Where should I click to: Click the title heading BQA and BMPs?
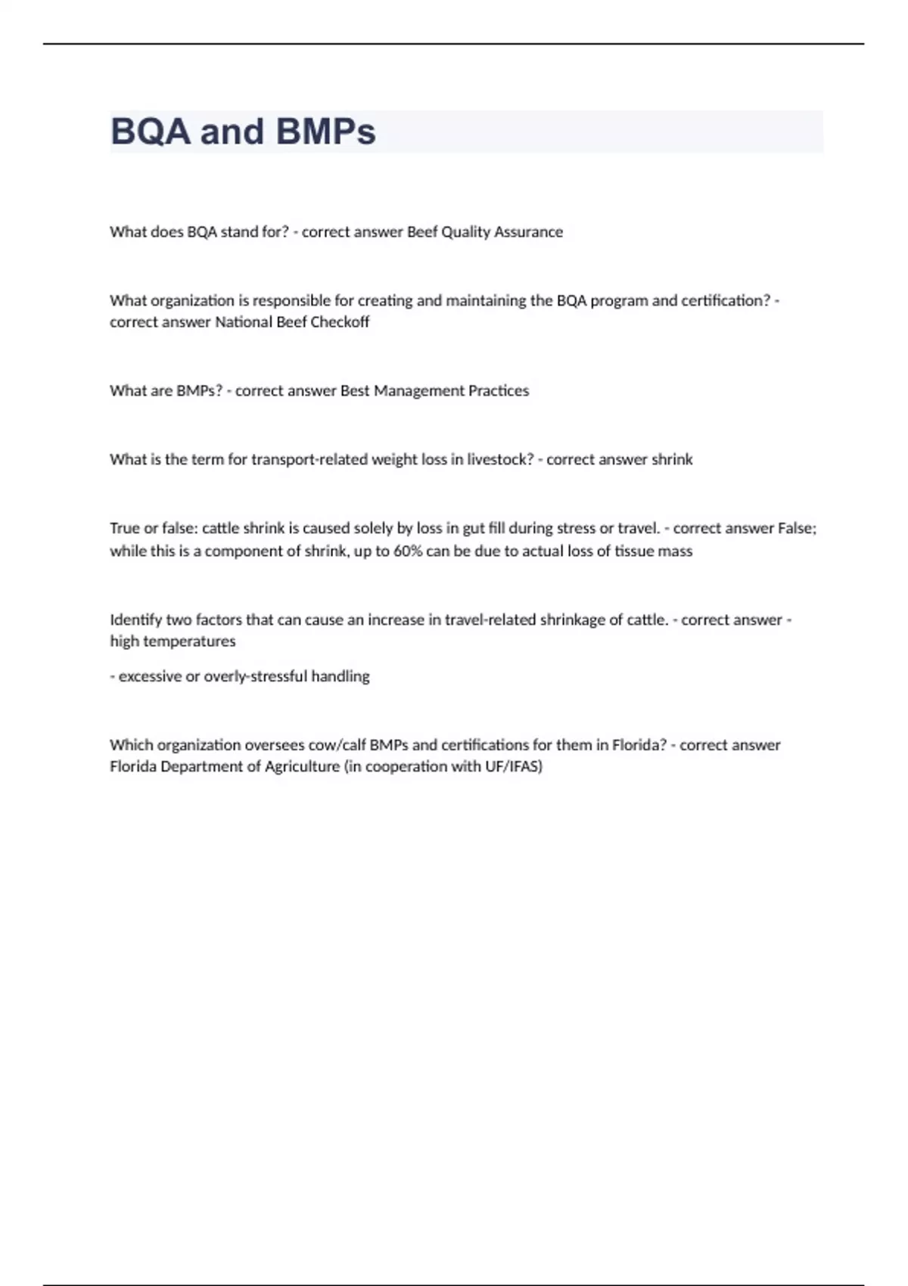tap(243, 132)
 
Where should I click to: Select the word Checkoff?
tap(340, 321)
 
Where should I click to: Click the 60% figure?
tap(408, 551)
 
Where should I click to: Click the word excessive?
tap(150, 676)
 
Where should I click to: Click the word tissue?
tap(632, 551)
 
